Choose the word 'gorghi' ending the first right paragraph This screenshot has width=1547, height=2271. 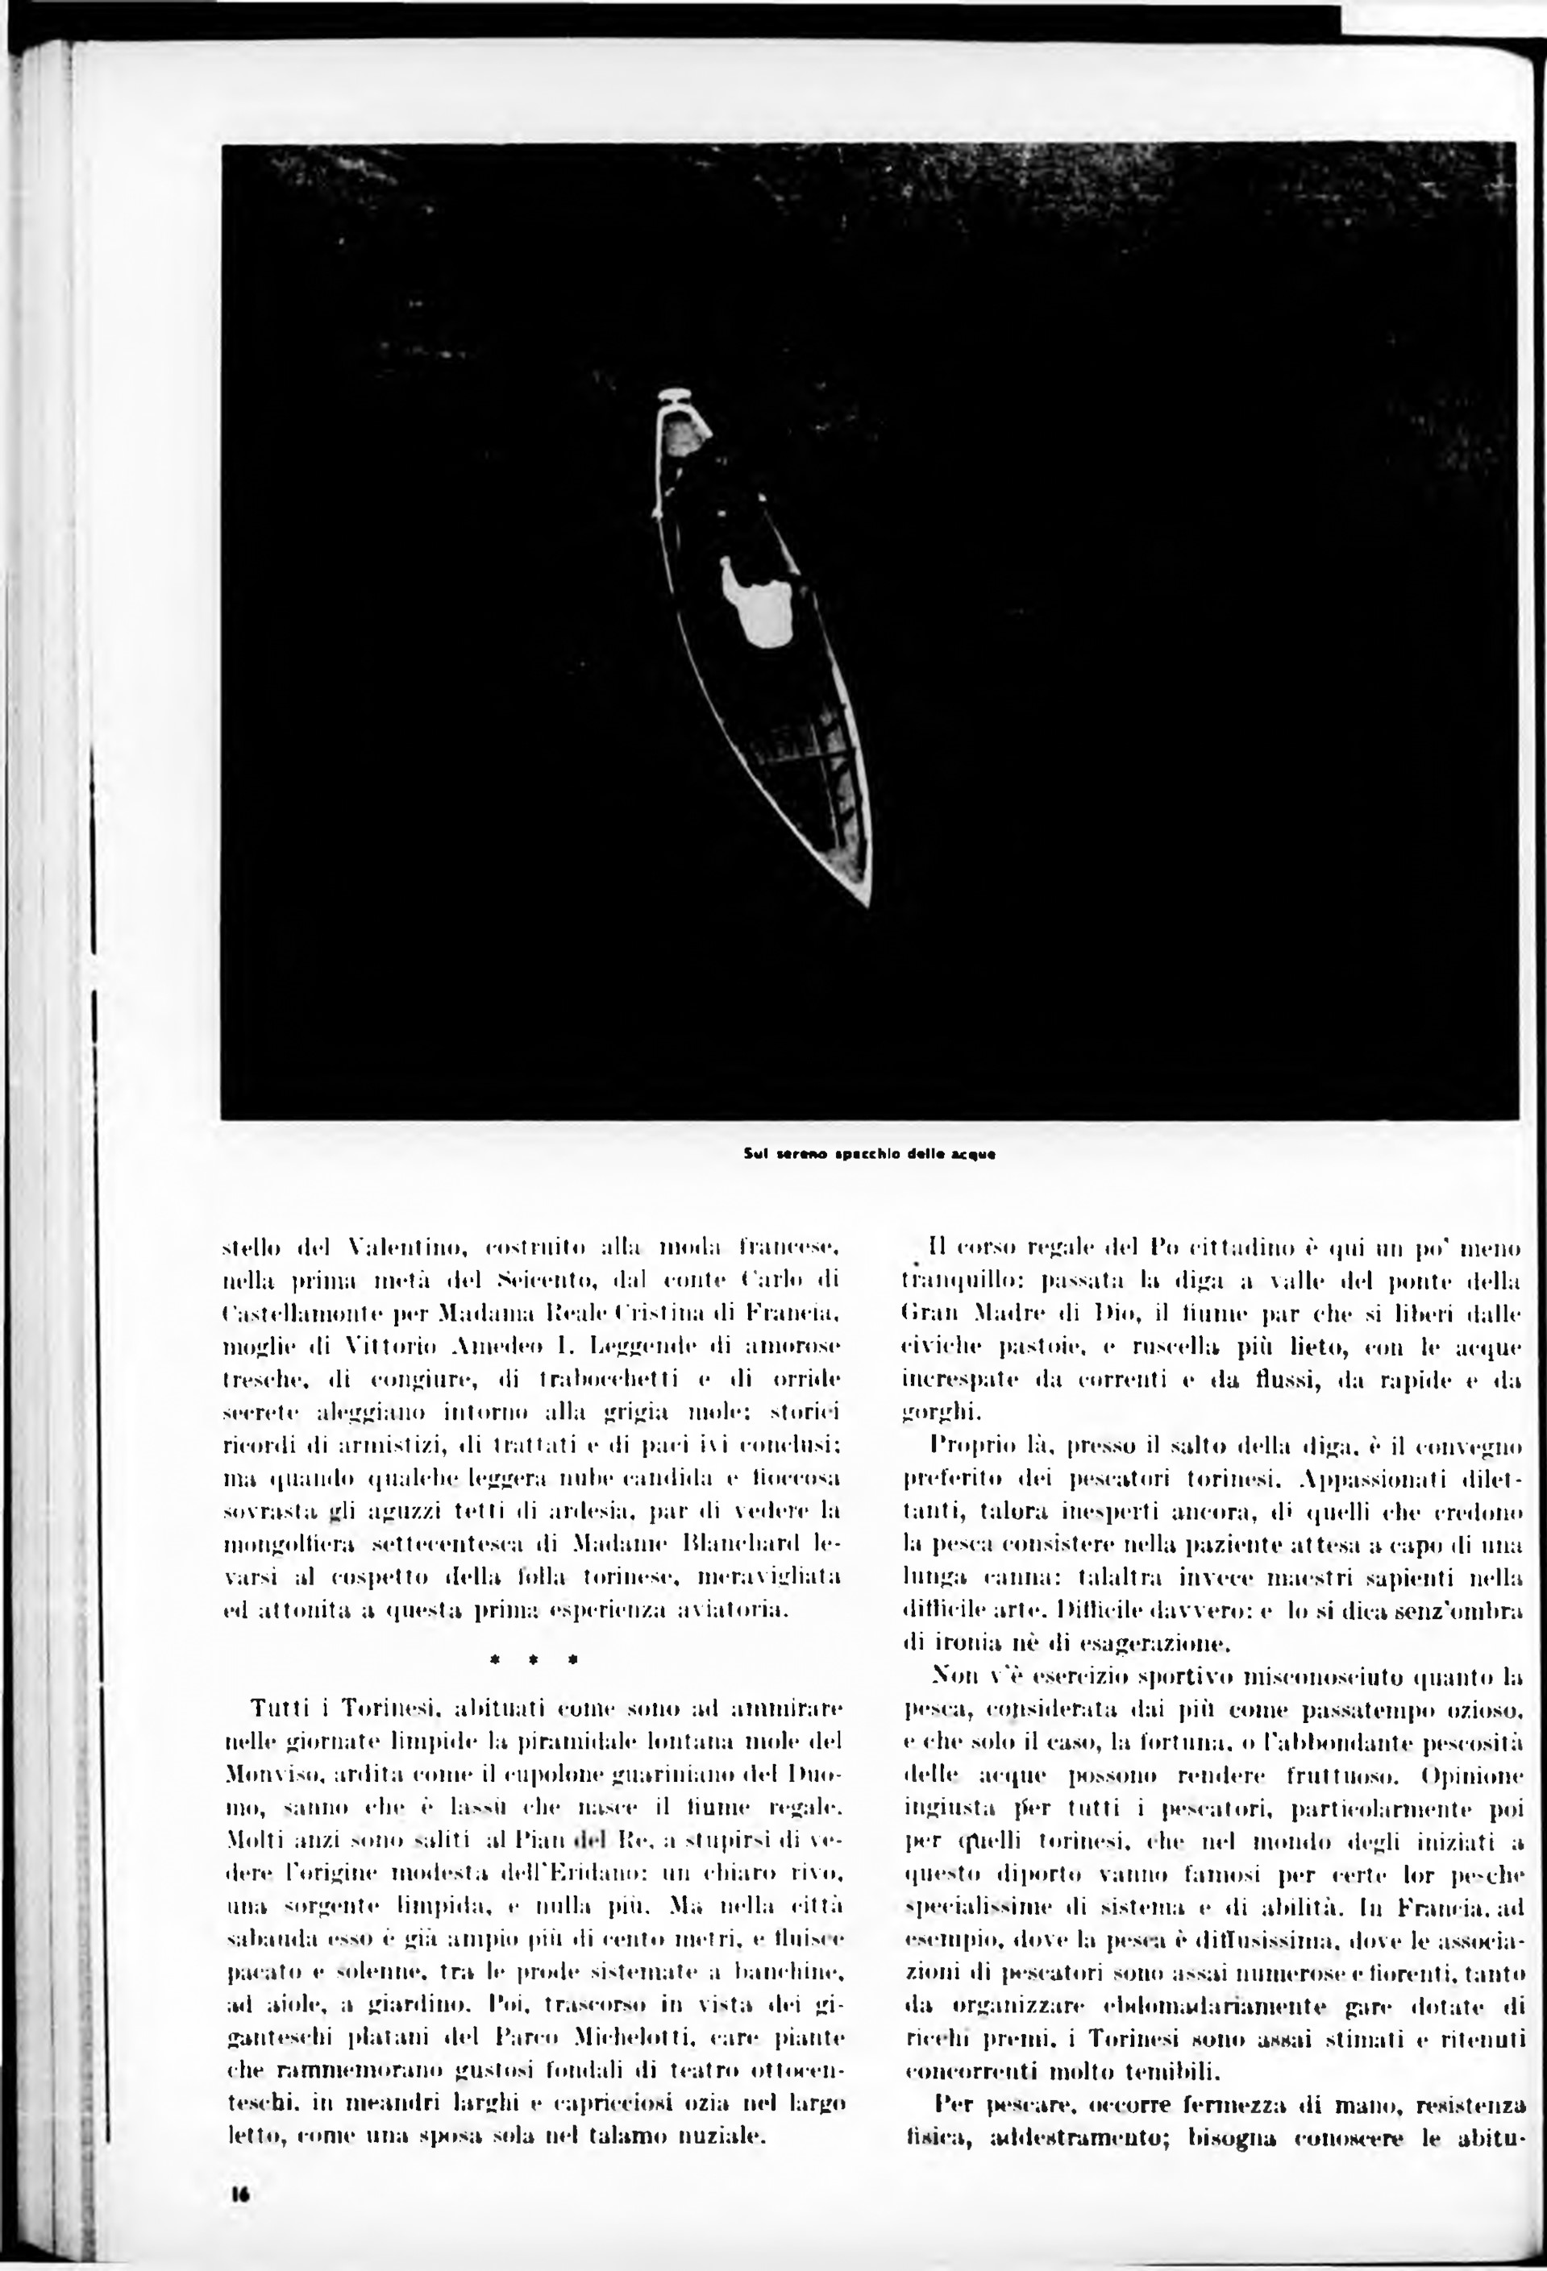(x=929, y=1413)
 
